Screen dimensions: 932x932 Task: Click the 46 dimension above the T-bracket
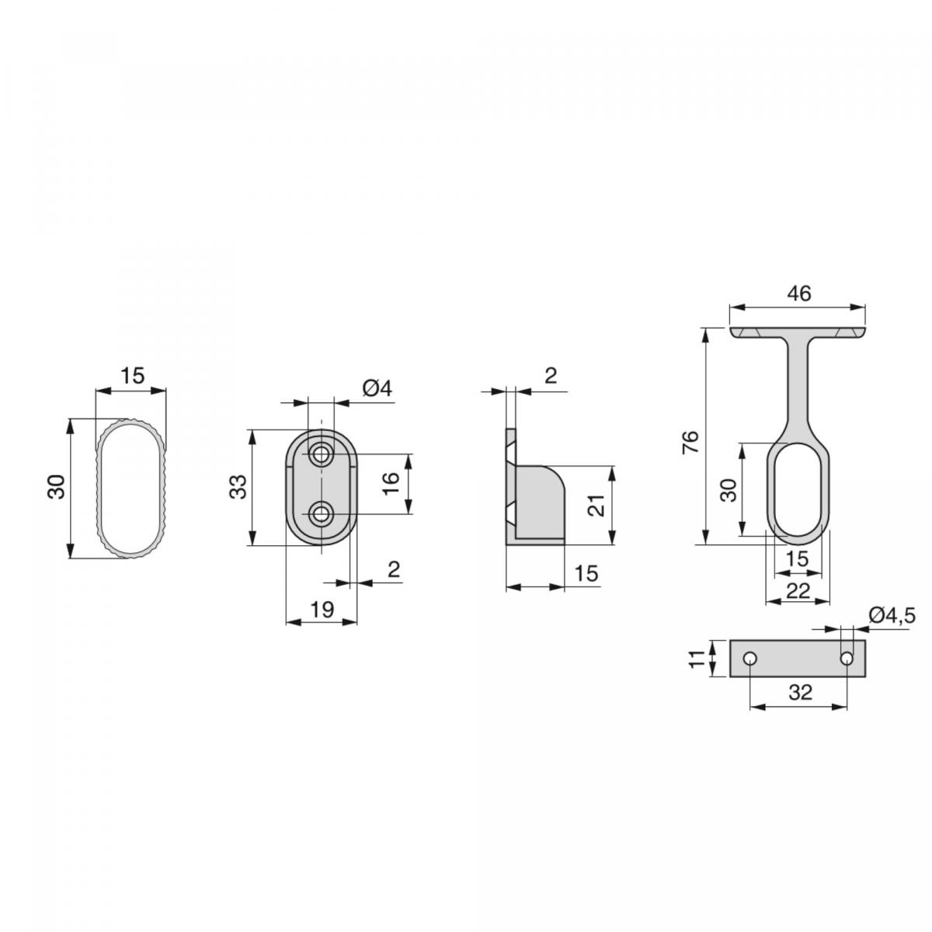point(798,294)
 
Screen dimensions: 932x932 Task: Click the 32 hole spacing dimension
point(799,692)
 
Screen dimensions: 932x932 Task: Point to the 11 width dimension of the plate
point(697,659)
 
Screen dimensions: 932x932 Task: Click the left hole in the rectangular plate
point(749,659)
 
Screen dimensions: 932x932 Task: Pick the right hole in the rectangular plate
point(847,659)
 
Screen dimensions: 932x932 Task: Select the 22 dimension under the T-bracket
point(798,591)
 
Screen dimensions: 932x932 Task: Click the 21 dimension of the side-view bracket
point(596,506)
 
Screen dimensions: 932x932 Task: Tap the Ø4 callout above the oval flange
point(376,388)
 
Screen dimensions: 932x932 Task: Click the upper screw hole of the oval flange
point(320,454)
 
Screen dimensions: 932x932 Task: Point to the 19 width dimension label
point(322,610)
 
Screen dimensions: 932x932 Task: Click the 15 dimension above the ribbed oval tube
point(133,376)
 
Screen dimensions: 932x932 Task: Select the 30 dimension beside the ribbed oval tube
point(57,488)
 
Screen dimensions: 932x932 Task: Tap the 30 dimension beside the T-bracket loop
point(728,490)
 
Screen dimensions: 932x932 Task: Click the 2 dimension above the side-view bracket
point(550,377)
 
